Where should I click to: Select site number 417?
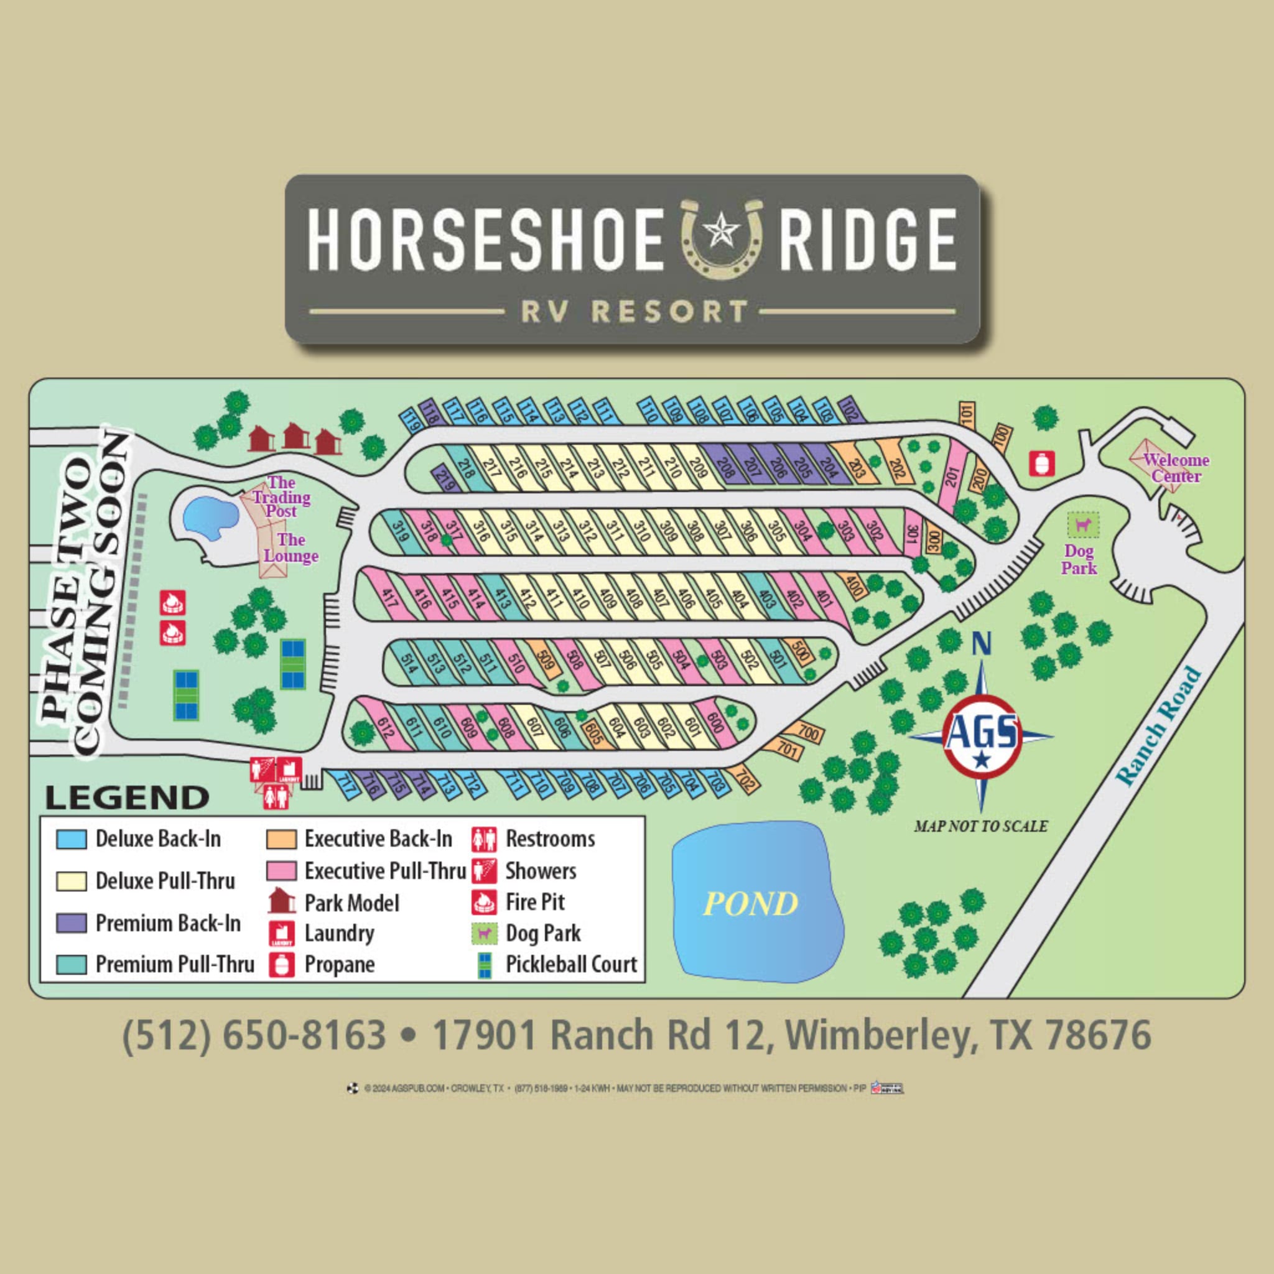(389, 597)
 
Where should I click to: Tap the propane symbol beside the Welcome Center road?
(1041, 463)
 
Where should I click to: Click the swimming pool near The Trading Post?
(210, 514)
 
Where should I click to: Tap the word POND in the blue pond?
(750, 903)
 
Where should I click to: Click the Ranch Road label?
(1158, 726)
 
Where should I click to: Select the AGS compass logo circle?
(981, 738)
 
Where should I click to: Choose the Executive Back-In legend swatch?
(281, 839)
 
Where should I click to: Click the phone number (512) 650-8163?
(254, 1035)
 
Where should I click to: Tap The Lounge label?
(291, 548)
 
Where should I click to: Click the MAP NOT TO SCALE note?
(980, 826)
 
